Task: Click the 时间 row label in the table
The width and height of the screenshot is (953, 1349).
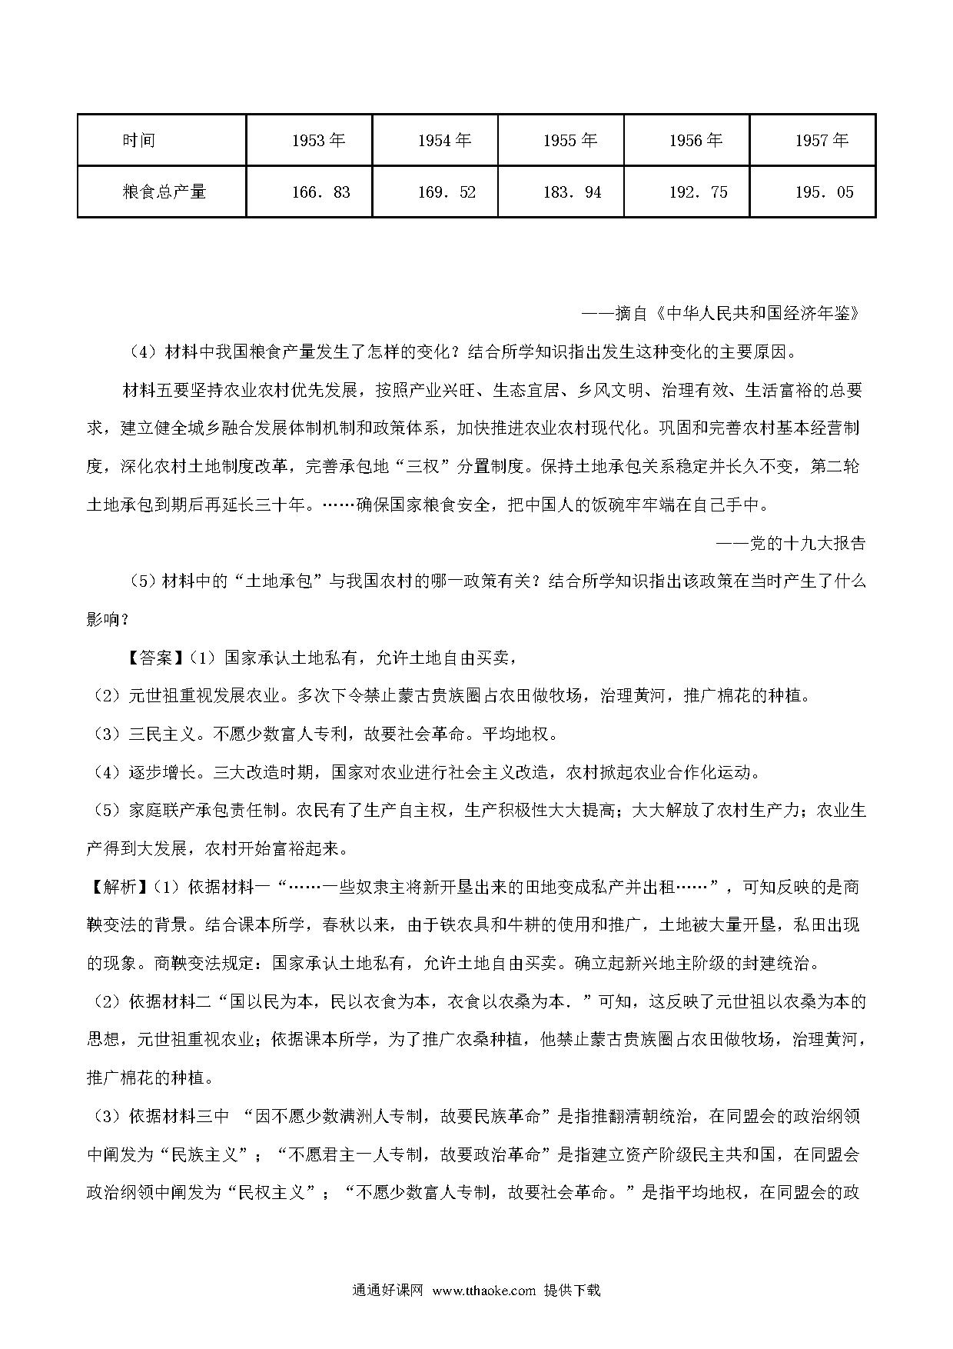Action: pyautogui.click(x=139, y=140)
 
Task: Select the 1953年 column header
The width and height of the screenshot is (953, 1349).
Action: pyautogui.click(x=319, y=140)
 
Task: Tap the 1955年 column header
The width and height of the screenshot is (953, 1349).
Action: pyautogui.click(x=570, y=140)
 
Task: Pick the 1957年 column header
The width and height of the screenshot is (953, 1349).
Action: pyautogui.click(x=822, y=140)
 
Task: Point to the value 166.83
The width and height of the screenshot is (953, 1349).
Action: pyautogui.click(x=320, y=192)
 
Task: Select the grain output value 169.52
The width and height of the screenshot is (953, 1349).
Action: pyautogui.click(x=447, y=192)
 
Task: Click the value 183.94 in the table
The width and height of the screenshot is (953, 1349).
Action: pyautogui.click(x=572, y=192)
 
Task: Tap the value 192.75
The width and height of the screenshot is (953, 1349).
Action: pyautogui.click(x=698, y=192)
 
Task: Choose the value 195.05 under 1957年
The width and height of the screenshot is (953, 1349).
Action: pyautogui.click(x=824, y=192)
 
